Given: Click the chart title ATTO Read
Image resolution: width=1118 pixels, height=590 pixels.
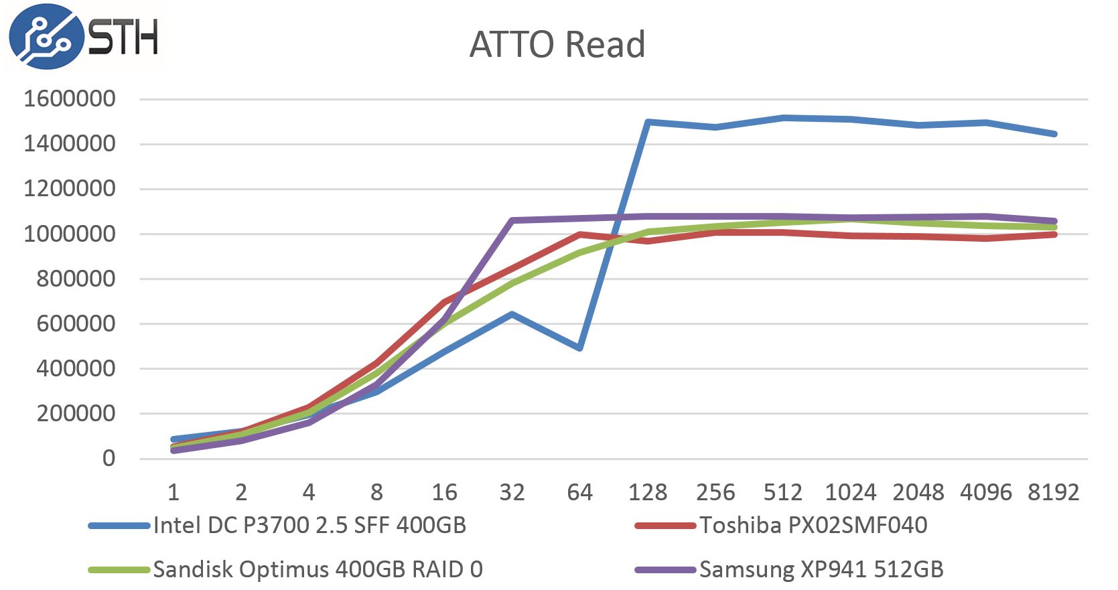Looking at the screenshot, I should coord(557,45).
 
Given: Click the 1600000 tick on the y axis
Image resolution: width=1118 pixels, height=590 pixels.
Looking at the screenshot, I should coord(70,99).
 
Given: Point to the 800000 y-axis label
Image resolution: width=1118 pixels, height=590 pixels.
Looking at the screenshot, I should coord(76,279).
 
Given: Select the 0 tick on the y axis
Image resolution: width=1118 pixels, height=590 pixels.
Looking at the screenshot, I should coord(109,459).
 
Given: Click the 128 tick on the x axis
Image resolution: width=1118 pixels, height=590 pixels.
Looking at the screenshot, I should coord(647,493).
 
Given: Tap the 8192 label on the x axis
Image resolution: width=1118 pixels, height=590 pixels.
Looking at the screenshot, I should coord(1053,493).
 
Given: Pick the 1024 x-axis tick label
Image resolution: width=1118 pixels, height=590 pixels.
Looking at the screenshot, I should coord(850,493).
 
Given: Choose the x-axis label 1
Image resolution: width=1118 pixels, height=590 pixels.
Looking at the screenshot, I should coord(173,493).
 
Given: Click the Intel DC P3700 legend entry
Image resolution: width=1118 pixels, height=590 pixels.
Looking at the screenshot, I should coord(309,526).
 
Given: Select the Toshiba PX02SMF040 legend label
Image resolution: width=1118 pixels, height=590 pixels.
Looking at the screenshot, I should coord(813,526).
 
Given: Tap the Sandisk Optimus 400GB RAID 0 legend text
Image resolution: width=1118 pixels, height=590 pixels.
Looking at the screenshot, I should coord(318,570).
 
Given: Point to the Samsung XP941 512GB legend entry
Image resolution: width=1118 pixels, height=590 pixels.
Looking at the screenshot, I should coord(821,570).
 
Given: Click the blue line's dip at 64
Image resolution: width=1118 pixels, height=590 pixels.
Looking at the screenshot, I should coord(579,348).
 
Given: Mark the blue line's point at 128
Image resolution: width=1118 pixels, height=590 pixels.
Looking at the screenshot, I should coord(648,122).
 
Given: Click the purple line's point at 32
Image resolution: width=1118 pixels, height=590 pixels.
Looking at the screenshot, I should coord(512,220).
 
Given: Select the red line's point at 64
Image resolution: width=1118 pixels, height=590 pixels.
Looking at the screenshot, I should coord(579,234).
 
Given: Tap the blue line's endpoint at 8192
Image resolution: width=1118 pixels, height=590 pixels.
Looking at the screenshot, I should coord(1054,134).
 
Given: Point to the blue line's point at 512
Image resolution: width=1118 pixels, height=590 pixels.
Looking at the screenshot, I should coord(783,118).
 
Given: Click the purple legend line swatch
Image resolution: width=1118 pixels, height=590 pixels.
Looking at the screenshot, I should coord(665,570).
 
